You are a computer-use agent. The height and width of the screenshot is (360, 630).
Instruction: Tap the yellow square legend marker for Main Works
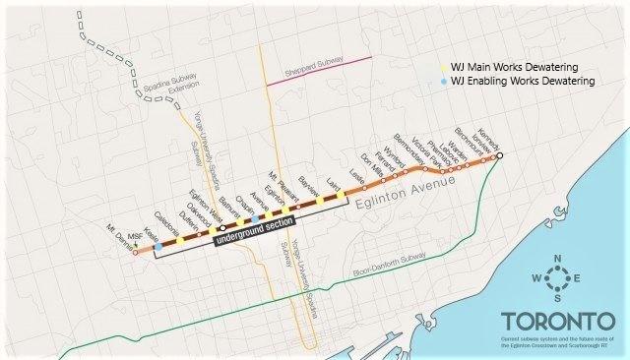[x=443, y=65]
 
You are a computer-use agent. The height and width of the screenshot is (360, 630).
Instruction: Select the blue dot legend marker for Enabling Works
[x=443, y=81]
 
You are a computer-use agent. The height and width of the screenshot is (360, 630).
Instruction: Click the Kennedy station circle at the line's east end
[x=499, y=155]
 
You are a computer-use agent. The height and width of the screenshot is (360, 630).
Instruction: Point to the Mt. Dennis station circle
[x=136, y=252]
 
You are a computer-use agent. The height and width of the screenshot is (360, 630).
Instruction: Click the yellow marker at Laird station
[x=341, y=198]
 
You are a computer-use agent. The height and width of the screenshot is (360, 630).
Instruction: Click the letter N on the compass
[x=557, y=260]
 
